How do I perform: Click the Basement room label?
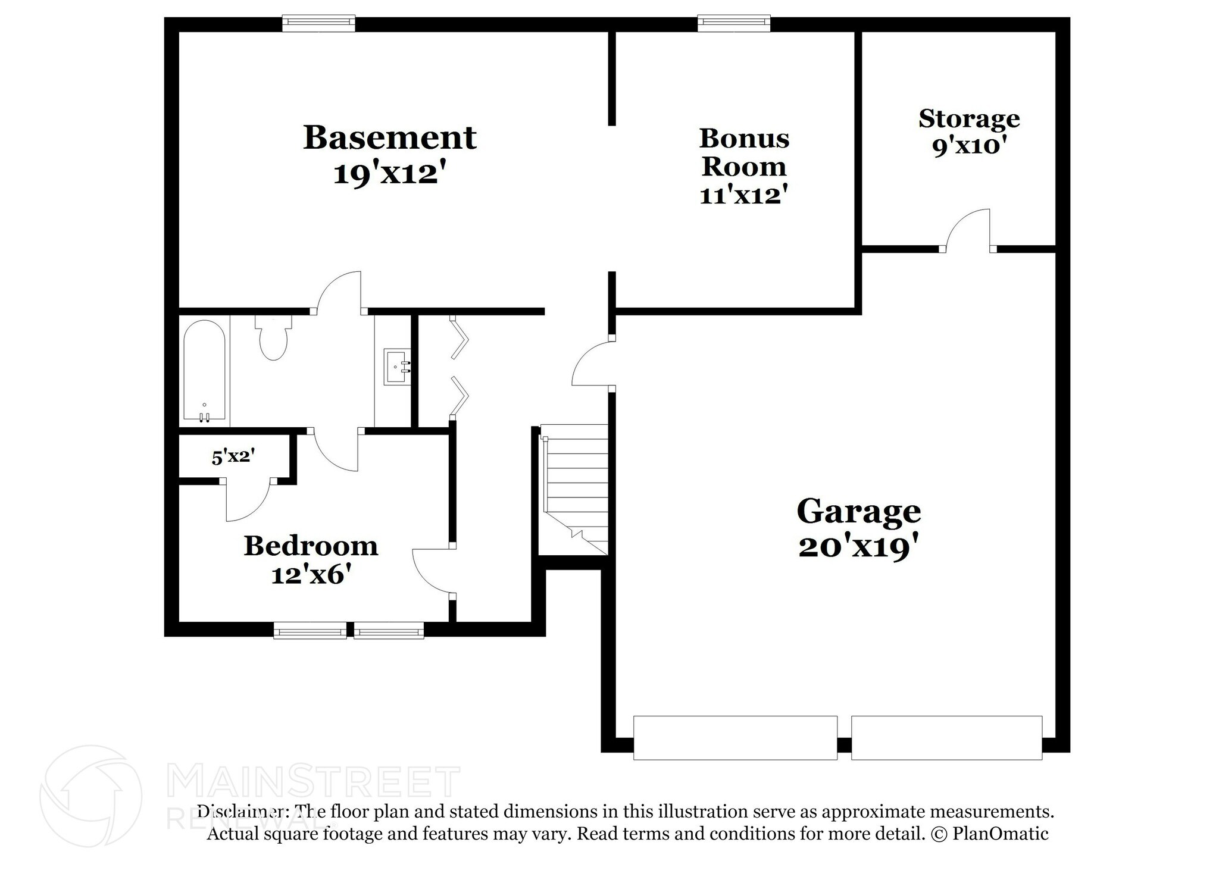(390, 137)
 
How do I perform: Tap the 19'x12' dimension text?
(390, 174)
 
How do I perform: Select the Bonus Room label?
(744, 152)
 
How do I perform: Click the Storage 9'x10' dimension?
(969, 146)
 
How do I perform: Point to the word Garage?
(858, 511)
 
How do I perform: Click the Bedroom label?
(311, 546)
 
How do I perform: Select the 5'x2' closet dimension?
(233, 457)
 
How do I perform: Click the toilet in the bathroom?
(273, 339)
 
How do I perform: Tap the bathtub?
(204, 371)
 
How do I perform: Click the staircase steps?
(575, 482)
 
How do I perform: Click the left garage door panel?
(734, 738)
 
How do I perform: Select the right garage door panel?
(946, 738)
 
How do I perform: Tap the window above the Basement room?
(318, 24)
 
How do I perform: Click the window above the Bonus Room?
(733, 24)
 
